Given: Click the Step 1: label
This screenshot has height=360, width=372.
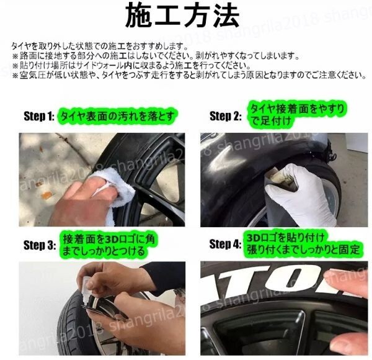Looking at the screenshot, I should click(39, 116).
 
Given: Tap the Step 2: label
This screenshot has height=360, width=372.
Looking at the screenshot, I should click(225, 116).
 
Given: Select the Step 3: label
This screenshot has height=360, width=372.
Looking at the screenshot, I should click(39, 245).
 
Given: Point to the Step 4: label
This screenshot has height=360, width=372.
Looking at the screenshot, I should click(225, 244).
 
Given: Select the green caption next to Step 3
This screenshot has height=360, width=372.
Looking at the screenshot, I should click(109, 245).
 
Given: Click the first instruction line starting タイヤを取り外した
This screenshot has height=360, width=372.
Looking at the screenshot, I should click(99, 47).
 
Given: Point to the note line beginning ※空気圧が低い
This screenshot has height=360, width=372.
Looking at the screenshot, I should click(186, 75).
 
